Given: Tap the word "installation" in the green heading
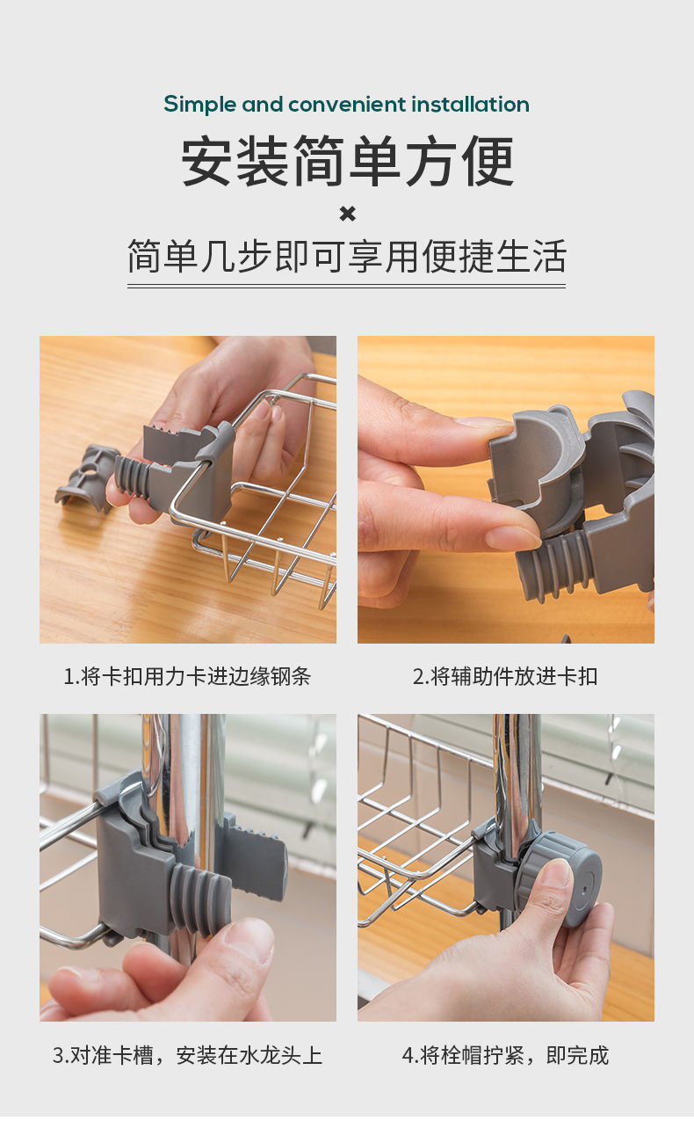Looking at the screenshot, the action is (471, 104).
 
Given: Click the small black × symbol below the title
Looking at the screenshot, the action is (348, 215).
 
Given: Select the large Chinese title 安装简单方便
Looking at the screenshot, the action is (348, 161).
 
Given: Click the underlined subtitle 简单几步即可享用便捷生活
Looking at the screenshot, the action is (347, 256).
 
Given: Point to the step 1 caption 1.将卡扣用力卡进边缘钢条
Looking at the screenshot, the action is (187, 677).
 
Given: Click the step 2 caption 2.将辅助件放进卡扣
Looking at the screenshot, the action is (505, 677).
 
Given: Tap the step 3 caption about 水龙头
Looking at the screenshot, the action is (187, 1055).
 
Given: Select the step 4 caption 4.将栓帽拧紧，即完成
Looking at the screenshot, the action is (505, 1055).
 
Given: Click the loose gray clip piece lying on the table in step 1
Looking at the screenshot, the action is (86, 478).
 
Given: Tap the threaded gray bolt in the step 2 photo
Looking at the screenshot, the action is (553, 565).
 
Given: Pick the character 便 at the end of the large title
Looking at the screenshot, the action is (488, 161).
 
